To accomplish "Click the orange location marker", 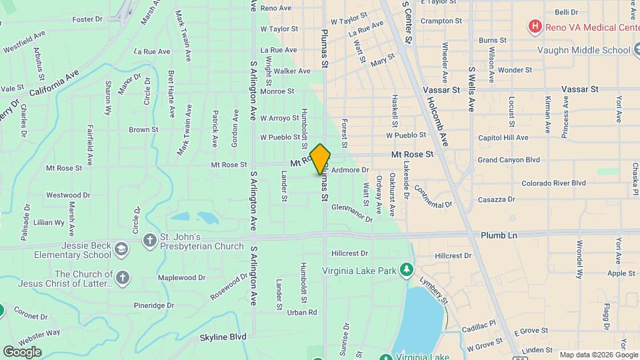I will pyautogui.click(x=321, y=159).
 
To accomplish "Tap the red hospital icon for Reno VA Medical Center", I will pyautogui.click(x=534, y=27).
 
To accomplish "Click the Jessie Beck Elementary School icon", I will pyautogui.click(x=121, y=249).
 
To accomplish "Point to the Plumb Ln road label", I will pyautogui.click(x=499, y=235).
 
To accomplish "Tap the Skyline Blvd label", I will pyautogui.click(x=223, y=337).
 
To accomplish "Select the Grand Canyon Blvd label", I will pyautogui.click(x=509, y=160).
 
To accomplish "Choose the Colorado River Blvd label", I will pyautogui.click(x=553, y=183).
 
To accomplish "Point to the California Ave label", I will pyautogui.click(x=54, y=81).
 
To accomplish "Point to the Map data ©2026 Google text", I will pyautogui.click(x=598, y=355).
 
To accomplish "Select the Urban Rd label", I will pyautogui.click(x=301, y=312).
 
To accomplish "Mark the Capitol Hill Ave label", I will pyautogui.click(x=503, y=138).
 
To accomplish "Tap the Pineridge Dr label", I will pyautogui.click(x=153, y=305).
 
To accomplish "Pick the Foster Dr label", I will pyautogui.click(x=87, y=20).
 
